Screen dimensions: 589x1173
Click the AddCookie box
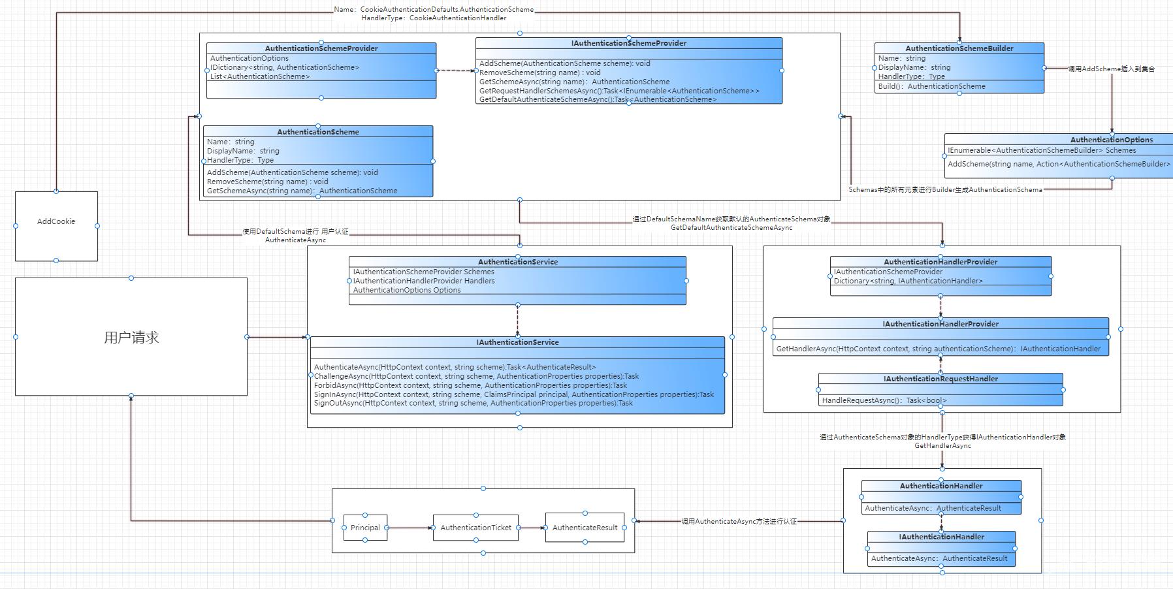56,221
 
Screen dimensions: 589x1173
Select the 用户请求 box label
131,338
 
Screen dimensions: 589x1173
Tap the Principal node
365,528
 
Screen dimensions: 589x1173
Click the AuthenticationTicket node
475,528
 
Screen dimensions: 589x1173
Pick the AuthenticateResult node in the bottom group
585,528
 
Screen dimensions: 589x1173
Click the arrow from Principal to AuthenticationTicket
410,528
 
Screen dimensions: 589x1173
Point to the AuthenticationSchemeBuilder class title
959,48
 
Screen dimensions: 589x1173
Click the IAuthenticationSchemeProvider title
628,43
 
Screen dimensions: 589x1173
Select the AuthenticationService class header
517,262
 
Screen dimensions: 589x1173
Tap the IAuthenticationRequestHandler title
940,379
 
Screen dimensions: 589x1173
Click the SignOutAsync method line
473,404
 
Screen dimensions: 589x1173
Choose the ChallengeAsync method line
476,376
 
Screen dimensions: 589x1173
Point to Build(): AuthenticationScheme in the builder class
931,86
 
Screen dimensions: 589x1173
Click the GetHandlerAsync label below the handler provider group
942,446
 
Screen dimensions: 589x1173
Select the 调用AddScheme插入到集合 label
1111,69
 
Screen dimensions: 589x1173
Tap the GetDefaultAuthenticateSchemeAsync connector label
731,228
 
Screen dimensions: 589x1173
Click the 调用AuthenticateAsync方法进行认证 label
739,522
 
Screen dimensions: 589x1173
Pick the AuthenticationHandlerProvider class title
940,262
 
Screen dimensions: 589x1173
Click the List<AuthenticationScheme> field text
260,76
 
